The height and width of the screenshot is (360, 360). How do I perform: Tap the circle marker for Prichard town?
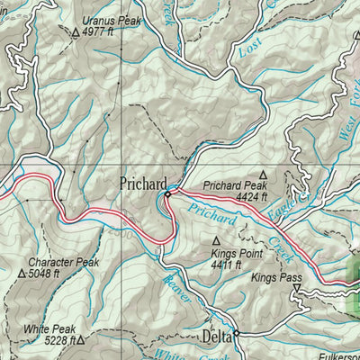tap(167, 193)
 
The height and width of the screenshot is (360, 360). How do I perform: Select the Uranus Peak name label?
tap(111, 19)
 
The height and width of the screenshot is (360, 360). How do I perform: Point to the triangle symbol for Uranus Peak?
tap(75, 31)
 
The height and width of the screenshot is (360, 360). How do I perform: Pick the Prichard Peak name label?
tap(233, 187)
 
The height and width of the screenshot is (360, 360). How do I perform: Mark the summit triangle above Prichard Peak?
tap(264, 175)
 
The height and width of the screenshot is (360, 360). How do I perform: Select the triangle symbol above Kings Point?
tap(216, 241)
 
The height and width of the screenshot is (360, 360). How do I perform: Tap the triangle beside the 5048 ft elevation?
tap(22, 274)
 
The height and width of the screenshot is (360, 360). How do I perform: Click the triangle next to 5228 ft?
tap(81, 341)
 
